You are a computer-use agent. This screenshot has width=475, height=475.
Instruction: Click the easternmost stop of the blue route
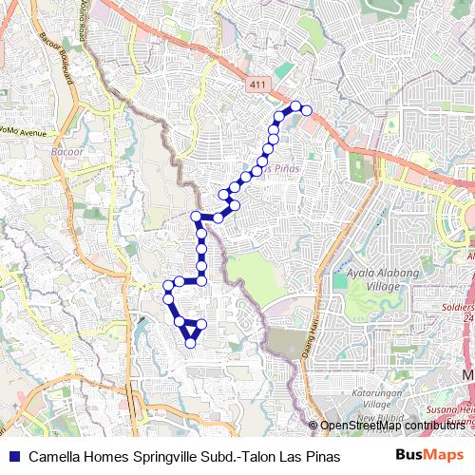307,110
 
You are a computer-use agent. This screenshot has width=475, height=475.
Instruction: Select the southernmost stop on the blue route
190,343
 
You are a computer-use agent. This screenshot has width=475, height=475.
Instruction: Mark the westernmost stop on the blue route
167,284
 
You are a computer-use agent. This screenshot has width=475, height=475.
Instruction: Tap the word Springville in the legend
152,455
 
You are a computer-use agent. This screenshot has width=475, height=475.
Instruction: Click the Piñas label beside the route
282,168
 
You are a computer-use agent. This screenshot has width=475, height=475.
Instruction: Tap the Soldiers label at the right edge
460,309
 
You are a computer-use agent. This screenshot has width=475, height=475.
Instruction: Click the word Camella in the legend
55,455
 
